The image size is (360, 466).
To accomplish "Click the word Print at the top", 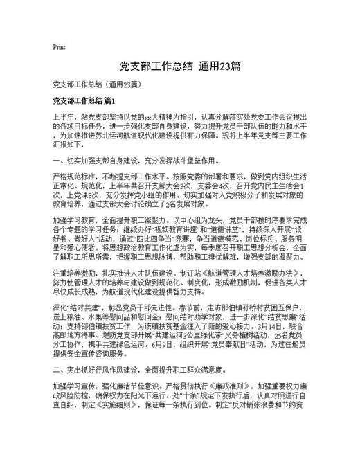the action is [x=59, y=47].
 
